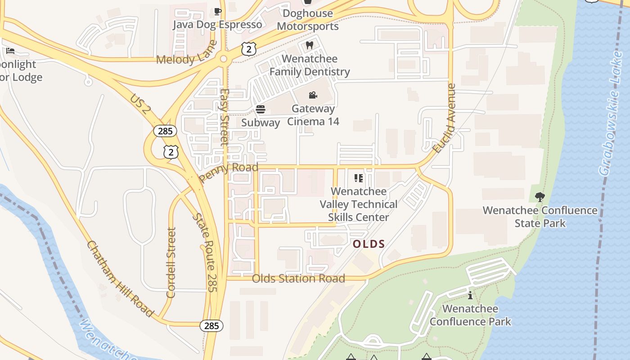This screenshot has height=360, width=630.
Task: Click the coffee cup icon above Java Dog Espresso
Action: (x=218, y=11)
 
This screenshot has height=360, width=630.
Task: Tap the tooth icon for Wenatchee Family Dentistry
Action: (x=309, y=45)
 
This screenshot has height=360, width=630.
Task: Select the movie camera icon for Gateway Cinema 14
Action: (x=313, y=95)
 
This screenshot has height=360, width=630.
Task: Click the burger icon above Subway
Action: (x=260, y=109)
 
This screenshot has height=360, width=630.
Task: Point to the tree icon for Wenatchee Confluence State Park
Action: (x=540, y=197)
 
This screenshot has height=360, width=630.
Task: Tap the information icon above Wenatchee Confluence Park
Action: (x=470, y=296)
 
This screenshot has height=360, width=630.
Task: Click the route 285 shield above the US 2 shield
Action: (x=165, y=131)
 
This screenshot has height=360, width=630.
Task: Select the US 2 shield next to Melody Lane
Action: (x=248, y=49)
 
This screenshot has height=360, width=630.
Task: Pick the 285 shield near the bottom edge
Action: (x=211, y=325)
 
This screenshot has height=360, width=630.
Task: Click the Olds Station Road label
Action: (x=298, y=279)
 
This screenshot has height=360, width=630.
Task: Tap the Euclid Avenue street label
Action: (x=445, y=118)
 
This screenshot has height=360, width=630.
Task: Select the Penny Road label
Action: (x=229, y=171)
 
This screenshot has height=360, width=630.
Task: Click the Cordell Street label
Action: (x=171, y=262)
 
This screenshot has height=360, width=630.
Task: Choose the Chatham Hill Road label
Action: (x=120, y=279)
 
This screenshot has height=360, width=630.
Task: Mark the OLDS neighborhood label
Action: (x=369, y=244)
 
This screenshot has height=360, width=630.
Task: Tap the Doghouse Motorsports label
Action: (x=308, y=20)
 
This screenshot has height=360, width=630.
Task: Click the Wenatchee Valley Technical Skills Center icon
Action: (x=359, y=178)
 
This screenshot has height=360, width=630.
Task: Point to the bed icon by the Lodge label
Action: (x=10, y=51)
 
